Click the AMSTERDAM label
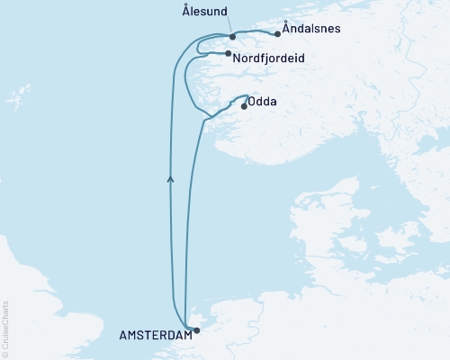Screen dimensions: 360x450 156,335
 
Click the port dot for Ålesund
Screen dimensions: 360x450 232,37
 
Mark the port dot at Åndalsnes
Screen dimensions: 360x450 277,34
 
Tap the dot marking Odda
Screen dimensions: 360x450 244,106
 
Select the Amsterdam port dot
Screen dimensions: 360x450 197,330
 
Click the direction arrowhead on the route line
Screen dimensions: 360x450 170,179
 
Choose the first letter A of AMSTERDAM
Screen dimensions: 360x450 123,335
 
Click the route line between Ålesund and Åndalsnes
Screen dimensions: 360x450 256,33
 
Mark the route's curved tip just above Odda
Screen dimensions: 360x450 247,95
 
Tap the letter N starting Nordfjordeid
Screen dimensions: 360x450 237,58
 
